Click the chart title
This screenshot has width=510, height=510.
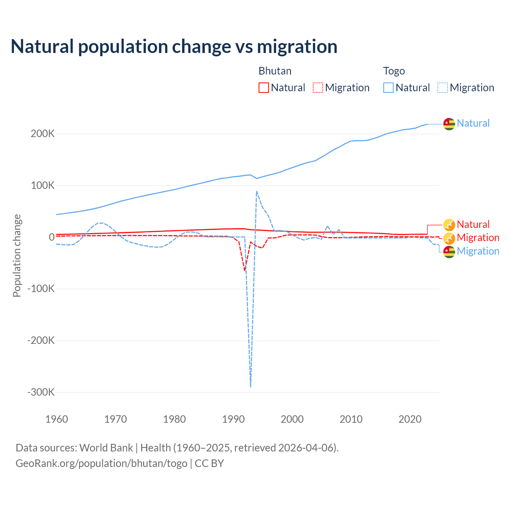[174, 47]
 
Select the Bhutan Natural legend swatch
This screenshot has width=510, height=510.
[263, 88]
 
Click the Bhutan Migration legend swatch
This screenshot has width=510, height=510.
[318, 88]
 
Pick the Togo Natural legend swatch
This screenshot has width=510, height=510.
[388, 88]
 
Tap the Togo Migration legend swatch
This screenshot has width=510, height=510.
[443, 88]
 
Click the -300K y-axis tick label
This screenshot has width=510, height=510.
[41, 392]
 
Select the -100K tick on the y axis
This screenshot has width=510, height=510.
[41, 288]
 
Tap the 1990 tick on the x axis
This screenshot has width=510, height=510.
[233, 419]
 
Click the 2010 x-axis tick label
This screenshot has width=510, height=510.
[351, 419]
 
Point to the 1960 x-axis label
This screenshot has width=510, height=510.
[57, 419]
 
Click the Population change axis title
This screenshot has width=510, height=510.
[17, 256]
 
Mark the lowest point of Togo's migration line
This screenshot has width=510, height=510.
[251, 386]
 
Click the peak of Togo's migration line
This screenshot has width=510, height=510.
[257, 191]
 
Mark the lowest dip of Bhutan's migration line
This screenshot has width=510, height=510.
[245, 271]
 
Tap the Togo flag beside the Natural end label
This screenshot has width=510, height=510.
[449, 124]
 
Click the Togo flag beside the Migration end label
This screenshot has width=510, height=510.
[449, 251]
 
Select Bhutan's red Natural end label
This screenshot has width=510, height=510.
[473, 224]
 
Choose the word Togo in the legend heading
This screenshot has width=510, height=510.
[394, 71]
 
